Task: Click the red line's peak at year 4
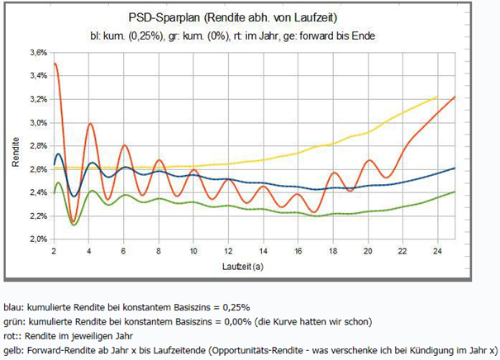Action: tap(89, 124)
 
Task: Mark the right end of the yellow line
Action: tap(436, 97)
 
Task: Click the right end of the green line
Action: tap(455, 192)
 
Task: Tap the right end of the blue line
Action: tap(455, 168)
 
